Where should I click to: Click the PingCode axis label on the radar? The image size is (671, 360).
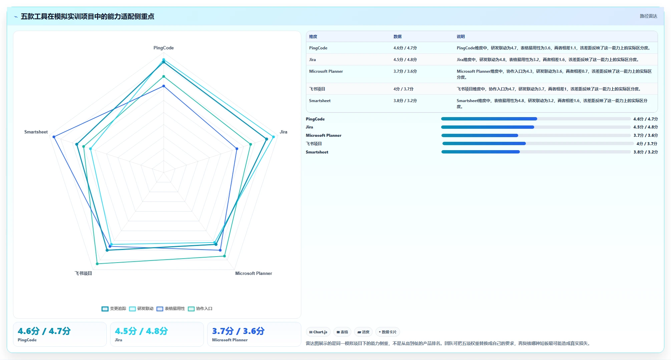163,48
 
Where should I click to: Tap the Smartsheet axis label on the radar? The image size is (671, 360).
36,132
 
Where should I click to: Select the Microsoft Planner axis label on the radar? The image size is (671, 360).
254,273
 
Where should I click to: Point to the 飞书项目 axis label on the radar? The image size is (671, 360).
83,273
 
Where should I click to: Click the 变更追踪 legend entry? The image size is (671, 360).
114,309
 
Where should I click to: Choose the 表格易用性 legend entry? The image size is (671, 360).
171,309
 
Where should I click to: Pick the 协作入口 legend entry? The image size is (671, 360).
200,309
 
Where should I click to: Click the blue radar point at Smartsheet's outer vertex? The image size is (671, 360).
54,137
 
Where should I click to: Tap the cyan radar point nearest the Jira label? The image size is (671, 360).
273,137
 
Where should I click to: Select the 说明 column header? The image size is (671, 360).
460,37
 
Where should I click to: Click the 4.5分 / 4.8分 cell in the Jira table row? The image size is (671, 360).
405,60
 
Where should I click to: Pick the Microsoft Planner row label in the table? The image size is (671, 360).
326,71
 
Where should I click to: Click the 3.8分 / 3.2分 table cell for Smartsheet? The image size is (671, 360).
405,101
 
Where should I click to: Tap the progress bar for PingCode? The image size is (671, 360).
536,119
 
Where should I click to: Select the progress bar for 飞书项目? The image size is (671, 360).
538,143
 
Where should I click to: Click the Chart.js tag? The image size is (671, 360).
318,332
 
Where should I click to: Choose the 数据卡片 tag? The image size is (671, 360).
388,332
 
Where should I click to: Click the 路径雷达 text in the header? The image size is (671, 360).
648,16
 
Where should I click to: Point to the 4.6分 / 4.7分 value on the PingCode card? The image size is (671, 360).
44,331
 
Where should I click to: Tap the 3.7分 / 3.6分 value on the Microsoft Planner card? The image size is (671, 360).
238,331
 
